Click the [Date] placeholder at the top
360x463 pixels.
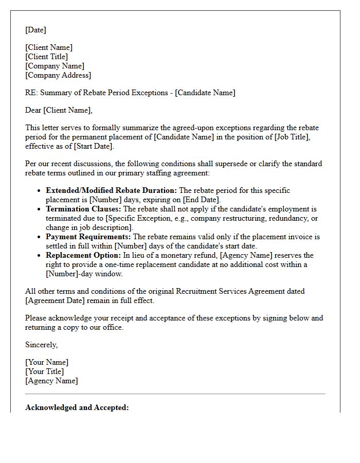[x=35, y=30]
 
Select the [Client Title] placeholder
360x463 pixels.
[x=46, y=57]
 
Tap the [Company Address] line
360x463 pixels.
[x=58, y=75]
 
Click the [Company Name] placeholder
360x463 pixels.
[x=55, y=66]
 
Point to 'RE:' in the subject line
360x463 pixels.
[x=31, y=93]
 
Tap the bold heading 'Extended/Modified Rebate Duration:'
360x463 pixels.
[x=111, y=190]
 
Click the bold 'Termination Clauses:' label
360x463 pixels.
[x=83, y=209]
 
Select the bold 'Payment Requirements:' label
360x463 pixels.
[x=88, y=237]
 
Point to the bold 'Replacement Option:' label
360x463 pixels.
[x=83, y=255]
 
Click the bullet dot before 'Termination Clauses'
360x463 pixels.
[x=39, y=209]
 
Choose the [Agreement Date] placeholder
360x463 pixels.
[x=54, y=300]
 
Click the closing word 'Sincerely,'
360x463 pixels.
[x=42, y=345]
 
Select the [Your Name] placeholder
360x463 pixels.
[x=47, y=362]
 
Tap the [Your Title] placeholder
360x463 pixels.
[x=45, y=371]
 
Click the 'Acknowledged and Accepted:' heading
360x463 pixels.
[x=77, y=407]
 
